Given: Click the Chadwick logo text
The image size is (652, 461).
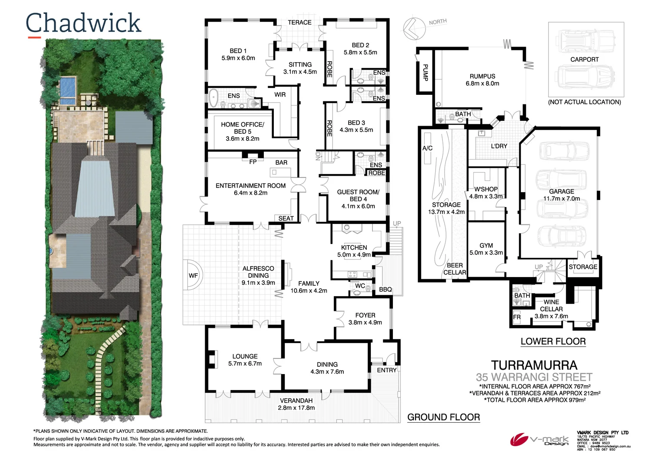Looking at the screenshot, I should pyautogui.click(x=83, y=23).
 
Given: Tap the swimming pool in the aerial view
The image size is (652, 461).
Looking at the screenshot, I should pyautogui.click(x=67, y=88).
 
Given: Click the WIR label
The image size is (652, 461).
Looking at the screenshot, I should pyautogui.click(x=280, y=94).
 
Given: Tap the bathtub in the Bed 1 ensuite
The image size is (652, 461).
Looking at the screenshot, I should pyautogui.click(x=213, y=99).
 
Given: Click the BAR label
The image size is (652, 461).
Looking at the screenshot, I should pyautogui.click(x=281, y=162).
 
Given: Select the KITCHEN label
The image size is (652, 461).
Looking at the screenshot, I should pyautogui.click(x=354, y=247).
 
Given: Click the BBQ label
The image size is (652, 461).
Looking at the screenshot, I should pyautogui.click(x=385, y=289).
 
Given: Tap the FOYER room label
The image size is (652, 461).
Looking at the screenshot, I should pyautogui.click(x=365, y=315).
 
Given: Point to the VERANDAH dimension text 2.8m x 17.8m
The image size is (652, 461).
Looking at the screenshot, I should pyautogui.click(x=296, y=408).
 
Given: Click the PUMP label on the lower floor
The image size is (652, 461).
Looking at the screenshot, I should pyautogui.click(x=425, y=72).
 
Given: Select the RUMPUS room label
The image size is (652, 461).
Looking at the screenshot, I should pyautogui.click(x=482, y=76).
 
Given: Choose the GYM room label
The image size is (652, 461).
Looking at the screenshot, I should pyautogui.click(x=486, y=245).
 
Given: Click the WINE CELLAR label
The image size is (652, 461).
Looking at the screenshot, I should pyautogui.click(x=551, y=305).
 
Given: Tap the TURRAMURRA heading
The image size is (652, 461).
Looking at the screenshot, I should pyautogui.click(x=534, y=365).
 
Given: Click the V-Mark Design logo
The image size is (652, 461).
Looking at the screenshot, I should pyautogui.click(x=539, y=440).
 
